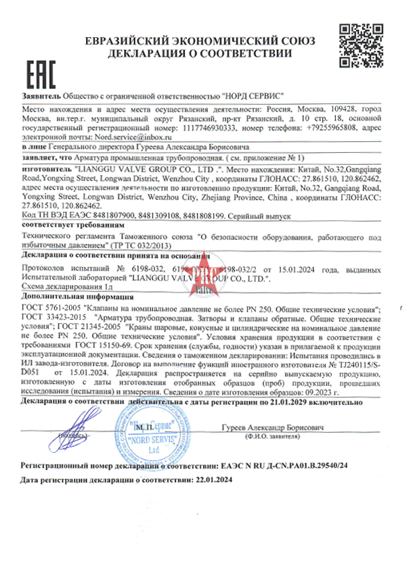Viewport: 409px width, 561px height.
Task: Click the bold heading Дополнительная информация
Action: tap(66, 296)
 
